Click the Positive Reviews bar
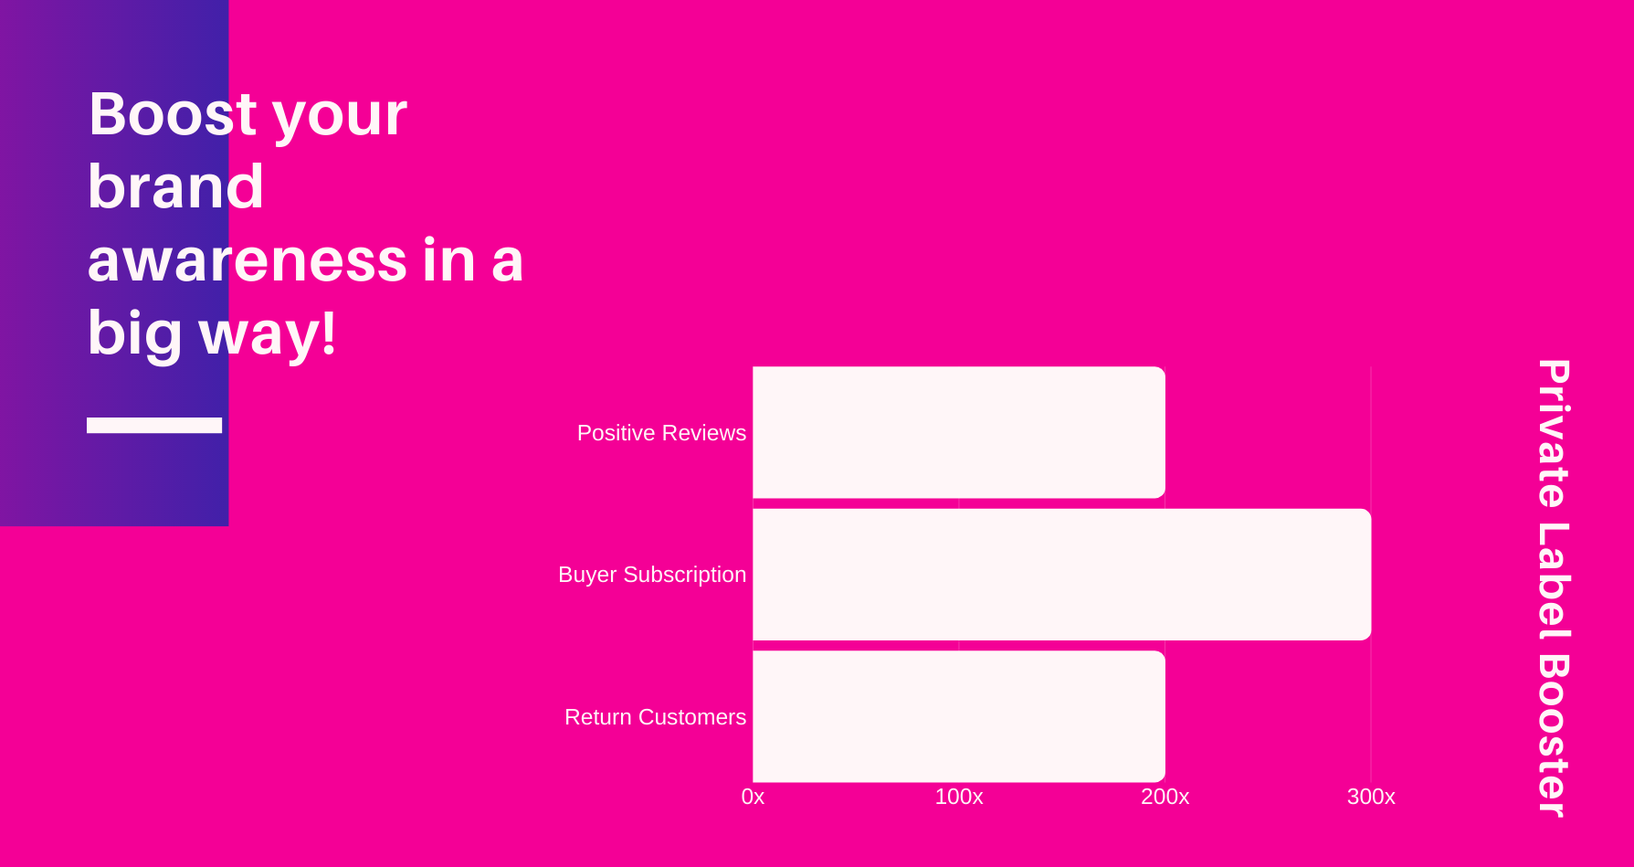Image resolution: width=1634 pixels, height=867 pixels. (x=959, y=432)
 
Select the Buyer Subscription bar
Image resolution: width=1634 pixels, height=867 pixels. (x=1061, y=575)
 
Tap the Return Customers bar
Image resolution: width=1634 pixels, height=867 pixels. (x=959, y=716)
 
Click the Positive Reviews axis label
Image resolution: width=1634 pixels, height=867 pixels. (x=661, y=433)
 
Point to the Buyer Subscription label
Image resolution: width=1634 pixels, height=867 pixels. (x=652, y=576)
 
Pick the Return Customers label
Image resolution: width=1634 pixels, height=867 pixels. (x=655, y=717)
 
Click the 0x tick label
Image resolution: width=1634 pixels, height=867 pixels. (x=753, y=797)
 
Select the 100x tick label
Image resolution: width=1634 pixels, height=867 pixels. (x=959, y=797)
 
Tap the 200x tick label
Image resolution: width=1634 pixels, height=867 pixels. (x=1165, y=797)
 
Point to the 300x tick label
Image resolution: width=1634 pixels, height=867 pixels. (x=1371, y=797)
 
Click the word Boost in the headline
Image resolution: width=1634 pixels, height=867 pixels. (x=173, y=114)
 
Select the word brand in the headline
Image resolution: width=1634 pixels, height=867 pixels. (x=176, y=186)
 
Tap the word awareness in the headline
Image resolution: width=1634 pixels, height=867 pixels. (x=247, y=260)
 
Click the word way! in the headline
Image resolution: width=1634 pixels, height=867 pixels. (x=268, y=333)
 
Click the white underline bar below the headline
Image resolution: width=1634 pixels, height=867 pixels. (x=154, y=425)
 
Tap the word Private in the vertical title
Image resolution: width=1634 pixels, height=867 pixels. (x=1553, y=434)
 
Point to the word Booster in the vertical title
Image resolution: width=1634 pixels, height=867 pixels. (x=1553, y=736)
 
